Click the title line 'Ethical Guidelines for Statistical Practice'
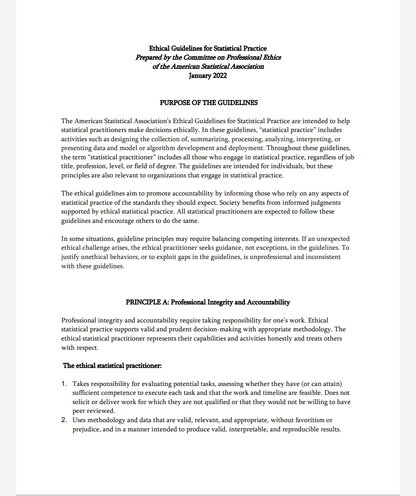(x=208, y=48)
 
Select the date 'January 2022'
(x=208, y=75)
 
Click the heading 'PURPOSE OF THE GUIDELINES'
(x=208, y=103)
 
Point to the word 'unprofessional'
(x=270, y=257)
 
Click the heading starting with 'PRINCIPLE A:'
(x=208, y=302)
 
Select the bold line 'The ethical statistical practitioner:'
(x=112, y=366)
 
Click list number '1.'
(x=64, y=384)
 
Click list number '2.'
(x=64, y=420)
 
